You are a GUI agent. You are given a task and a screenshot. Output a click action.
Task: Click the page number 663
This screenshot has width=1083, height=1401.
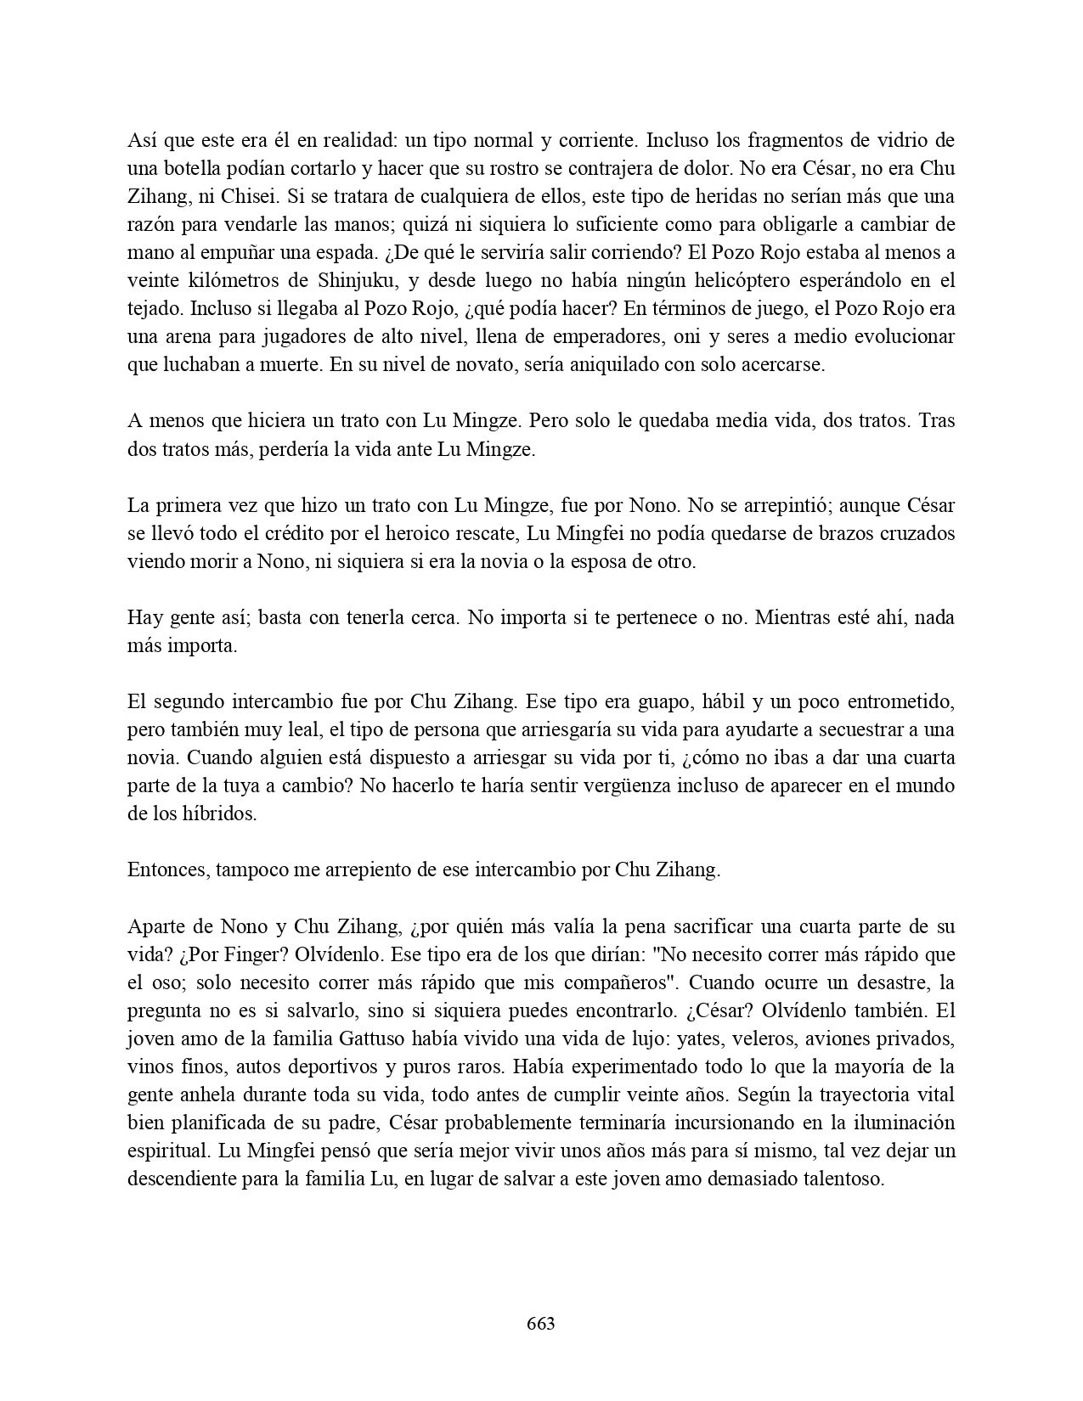coord(541,1323)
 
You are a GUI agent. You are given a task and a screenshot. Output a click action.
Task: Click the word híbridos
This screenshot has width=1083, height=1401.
coord(223,813)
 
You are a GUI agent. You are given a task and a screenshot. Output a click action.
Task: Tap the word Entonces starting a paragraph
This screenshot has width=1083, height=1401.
coord(168,869)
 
